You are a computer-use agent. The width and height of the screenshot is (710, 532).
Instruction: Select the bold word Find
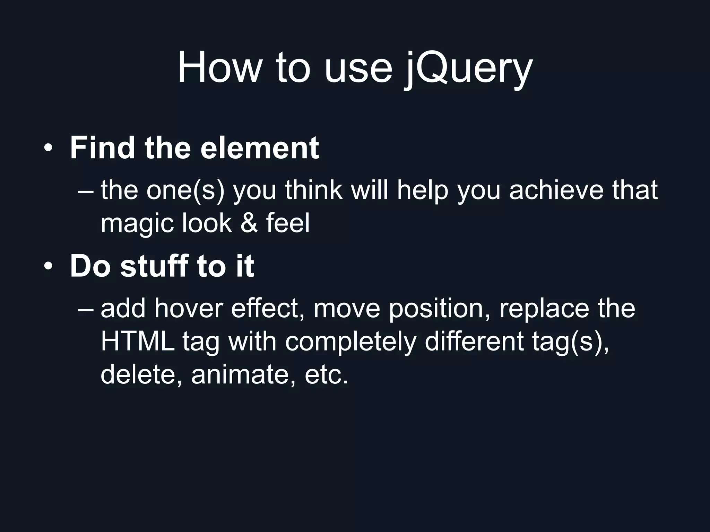[x=102, y=148]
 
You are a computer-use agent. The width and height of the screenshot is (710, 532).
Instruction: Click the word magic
[x=137, y=223]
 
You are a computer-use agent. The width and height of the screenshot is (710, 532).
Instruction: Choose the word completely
[x=350, y=342]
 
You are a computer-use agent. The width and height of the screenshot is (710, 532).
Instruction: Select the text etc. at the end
[x=326, y=375]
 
